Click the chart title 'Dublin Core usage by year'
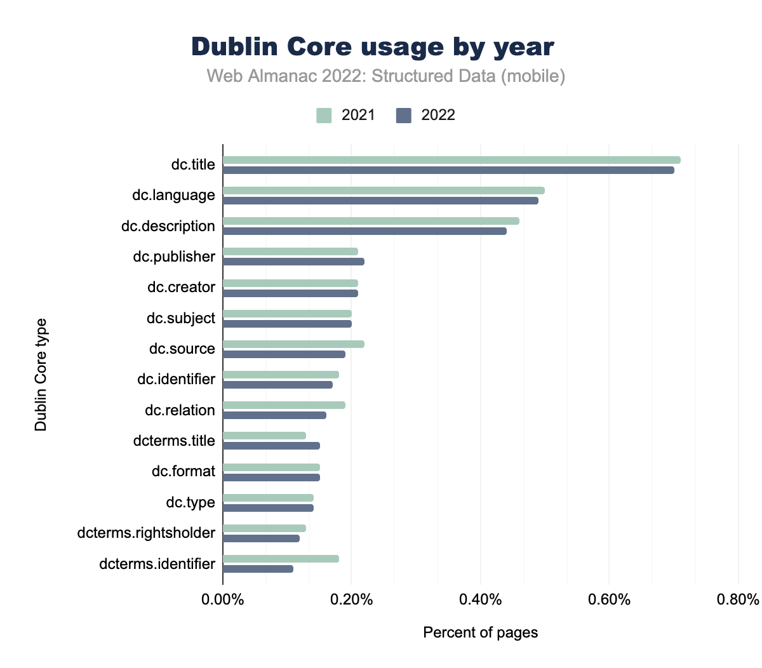point(373,48)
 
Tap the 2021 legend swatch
point(324,116)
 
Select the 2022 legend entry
point(425,116)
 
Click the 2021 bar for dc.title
point(451,160)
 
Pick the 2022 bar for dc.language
point(380,201)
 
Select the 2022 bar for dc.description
point(364,231)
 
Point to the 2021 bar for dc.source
point(293,344)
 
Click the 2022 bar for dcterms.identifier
point(258,569)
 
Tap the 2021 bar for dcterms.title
point(264,436)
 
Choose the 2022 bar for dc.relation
point(274,415)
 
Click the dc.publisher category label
point(174,257)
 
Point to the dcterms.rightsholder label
point(146,533)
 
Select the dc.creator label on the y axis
point(181,287)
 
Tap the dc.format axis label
point(183,471)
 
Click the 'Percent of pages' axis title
point(480,632)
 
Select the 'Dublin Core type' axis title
point(41,375)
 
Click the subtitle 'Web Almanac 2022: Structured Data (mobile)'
point(385,76)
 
